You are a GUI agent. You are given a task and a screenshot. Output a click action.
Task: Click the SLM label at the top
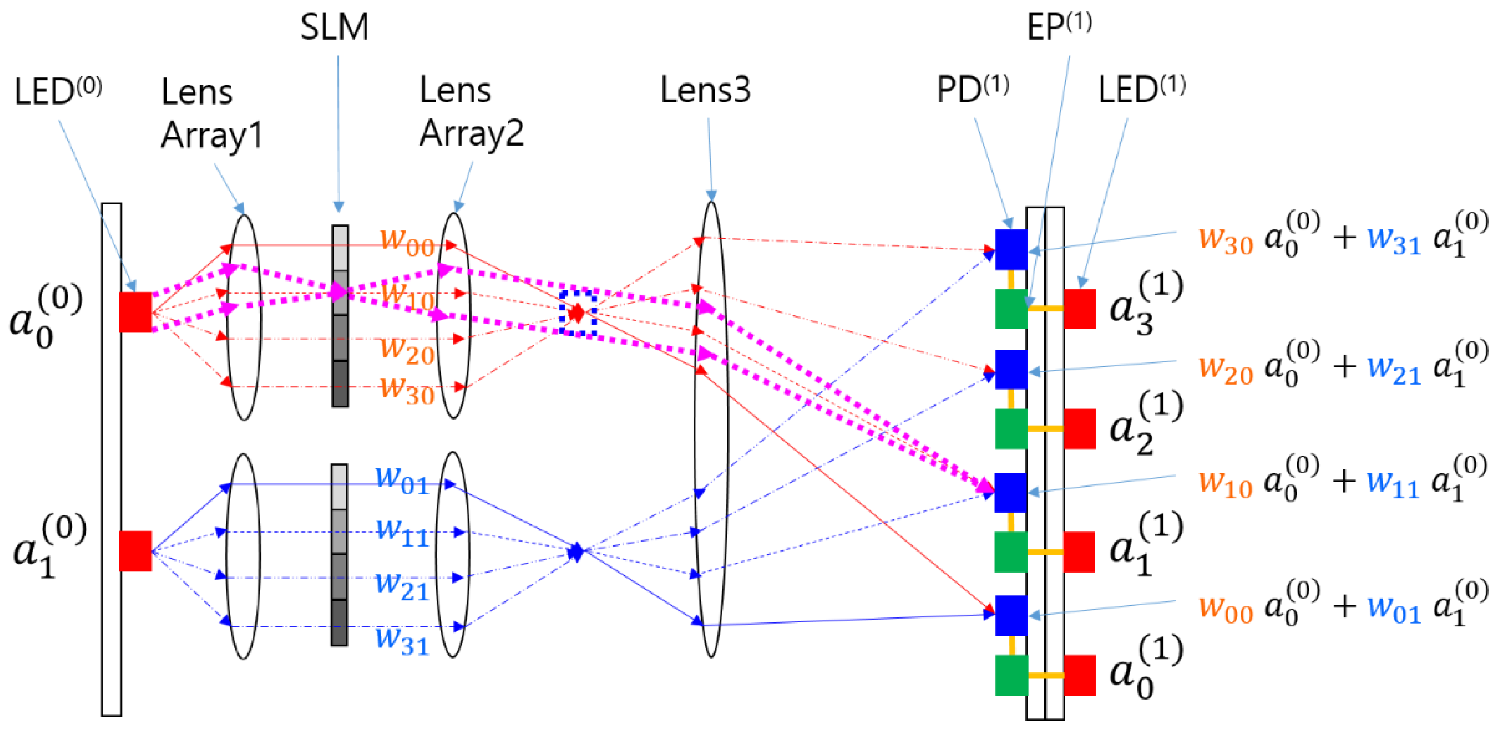[x=334, y=27]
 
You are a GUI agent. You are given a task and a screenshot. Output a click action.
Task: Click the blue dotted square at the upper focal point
[x=577, y=313]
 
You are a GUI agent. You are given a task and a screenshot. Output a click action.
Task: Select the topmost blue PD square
[x=1011, y=249]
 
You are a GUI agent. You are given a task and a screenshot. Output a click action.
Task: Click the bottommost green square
[x=1011, y=675]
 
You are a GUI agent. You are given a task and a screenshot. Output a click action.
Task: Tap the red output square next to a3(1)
[x=1080, y=308]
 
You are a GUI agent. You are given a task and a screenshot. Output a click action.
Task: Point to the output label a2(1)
[x=1146, y=424]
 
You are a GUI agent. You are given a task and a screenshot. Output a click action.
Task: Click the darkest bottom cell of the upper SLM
[x=340, y=384]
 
